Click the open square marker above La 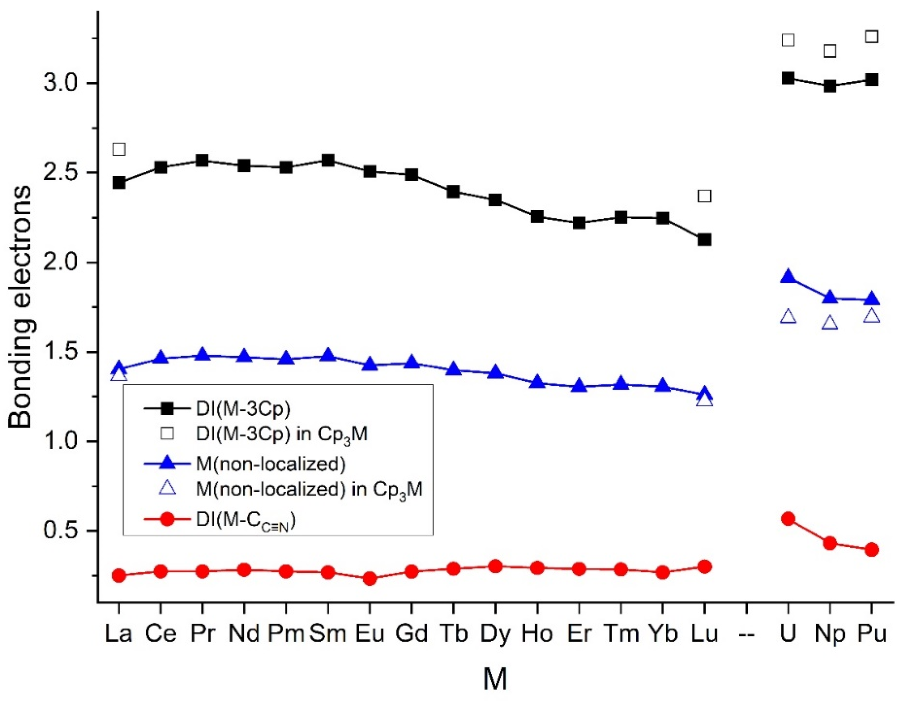coord(119,150)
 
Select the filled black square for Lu coord(704,240)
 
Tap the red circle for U coord(788,518)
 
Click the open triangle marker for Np coord(830,323)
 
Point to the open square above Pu coord(872,37)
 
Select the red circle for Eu coord(370,578)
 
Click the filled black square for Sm coord(328,160)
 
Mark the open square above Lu coord(704,196)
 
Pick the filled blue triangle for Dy coord(495,372)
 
